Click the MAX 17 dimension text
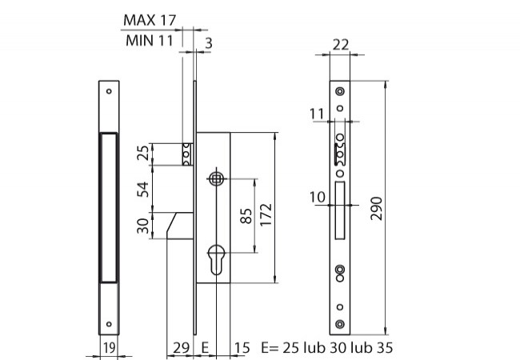pos(150,20)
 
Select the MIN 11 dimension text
pos(150,41)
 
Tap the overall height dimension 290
pos(377,208)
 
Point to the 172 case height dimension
pos(266,215)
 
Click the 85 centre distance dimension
pos(246,216)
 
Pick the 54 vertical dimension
pos(143,190)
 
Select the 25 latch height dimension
pos(143,153)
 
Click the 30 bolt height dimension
pos(143,226)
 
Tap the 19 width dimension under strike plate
pos(109,348)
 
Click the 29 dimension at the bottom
pos(182,348)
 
